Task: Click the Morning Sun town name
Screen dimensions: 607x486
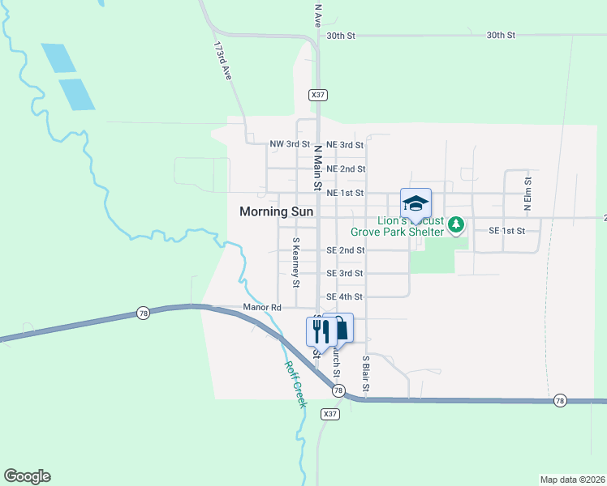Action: pos(276,211)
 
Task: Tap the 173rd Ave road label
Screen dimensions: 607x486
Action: pos(222,62)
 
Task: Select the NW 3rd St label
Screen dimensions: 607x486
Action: pos(290,144)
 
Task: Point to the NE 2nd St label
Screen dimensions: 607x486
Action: pos(345,169)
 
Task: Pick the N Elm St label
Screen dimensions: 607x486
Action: pos(527,194)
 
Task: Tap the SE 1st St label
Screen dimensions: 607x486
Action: pos(507,231)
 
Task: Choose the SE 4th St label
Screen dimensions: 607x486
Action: pos(345,297)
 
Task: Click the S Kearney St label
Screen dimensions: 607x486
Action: pos(296,262)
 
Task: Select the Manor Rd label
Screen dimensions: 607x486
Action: pos(261,308)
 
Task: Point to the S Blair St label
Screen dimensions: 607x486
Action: pos(366,375)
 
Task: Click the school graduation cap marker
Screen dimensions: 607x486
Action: pos(415,202)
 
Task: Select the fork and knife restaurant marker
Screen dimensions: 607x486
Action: pos(318,330)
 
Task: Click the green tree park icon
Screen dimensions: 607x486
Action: pos(457,223)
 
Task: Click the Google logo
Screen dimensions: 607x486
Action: pos(27,476)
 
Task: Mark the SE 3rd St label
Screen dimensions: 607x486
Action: pos(345,274)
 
